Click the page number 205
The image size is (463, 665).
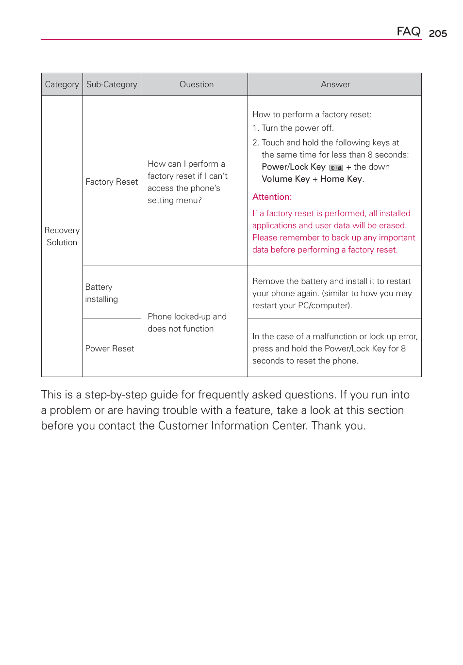click(438, 33)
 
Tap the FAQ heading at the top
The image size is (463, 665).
click(408, 32)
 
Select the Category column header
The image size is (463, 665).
click(62, 84)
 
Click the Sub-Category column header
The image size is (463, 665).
click(112, 84)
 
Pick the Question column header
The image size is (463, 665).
click(196, 84)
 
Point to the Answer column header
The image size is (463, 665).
click(335, 84)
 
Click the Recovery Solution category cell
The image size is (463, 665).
click(62, 236)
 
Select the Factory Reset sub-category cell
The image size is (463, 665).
click(112, 182)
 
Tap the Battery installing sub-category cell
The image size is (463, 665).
click(101, 293)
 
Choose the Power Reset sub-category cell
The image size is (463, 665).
click(110, 348)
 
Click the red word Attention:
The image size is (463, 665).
click(272, 197)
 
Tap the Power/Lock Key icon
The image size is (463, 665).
click(336, 168)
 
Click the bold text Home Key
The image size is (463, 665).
click(341, 179)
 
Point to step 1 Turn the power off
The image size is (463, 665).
click(293, 128)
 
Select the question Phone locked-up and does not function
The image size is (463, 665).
click(187, 322)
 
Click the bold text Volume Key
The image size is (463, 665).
click(285, 179)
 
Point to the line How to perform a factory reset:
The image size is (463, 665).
click(312, 114)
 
